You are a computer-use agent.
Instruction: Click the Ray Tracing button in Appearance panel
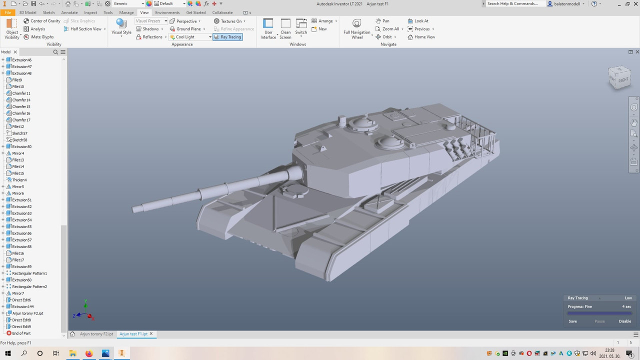(x=227, y=37)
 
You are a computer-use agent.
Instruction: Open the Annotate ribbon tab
(x=69, y=12)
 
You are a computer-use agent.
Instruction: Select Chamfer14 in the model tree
(x=21, y=100)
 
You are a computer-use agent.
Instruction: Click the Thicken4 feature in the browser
(x=19, y=180)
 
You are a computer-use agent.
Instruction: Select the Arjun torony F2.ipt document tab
(x=96, y=333)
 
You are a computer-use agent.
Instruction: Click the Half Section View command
(x=85, y=29)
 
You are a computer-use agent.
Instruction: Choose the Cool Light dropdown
(x=190, y=37)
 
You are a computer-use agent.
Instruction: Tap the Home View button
(x=421, y=37)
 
